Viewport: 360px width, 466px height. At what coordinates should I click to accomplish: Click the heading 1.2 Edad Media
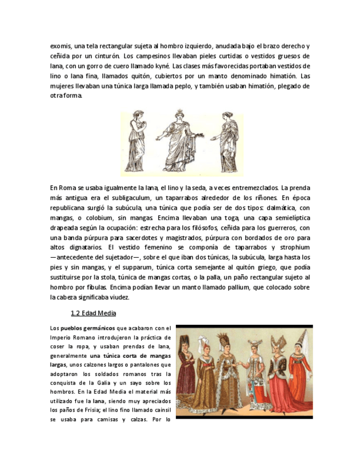click(x=93, y=314)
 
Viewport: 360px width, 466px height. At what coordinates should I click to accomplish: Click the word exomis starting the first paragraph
click(x=60, y=46)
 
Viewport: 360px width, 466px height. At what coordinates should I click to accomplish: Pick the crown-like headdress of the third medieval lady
click(x=224, y=341)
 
